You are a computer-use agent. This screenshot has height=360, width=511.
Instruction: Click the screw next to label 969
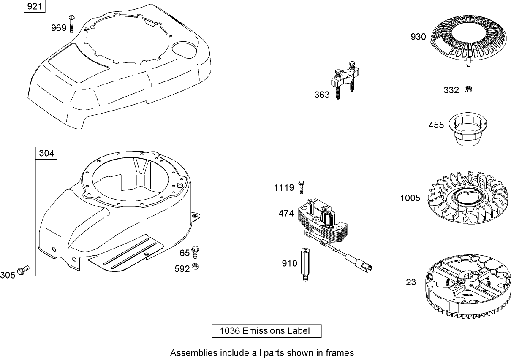point(72,23)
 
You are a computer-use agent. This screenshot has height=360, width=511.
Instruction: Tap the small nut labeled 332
point(468,89)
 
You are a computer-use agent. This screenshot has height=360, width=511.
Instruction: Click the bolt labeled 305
point(24,269)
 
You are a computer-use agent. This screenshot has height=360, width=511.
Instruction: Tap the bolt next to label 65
point(195,252)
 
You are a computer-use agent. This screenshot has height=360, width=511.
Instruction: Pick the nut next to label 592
point(195,266)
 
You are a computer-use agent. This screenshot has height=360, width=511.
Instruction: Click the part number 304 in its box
point(46,153)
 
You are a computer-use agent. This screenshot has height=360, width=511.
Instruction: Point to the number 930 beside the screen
point(419,37)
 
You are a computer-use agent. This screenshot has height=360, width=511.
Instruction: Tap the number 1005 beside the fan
point(410,198)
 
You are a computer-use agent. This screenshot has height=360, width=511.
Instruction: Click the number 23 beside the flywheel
point(411,282)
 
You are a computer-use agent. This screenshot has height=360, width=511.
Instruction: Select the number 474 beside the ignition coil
point(286,214)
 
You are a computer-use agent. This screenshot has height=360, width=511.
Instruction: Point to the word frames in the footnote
point(341,352)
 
